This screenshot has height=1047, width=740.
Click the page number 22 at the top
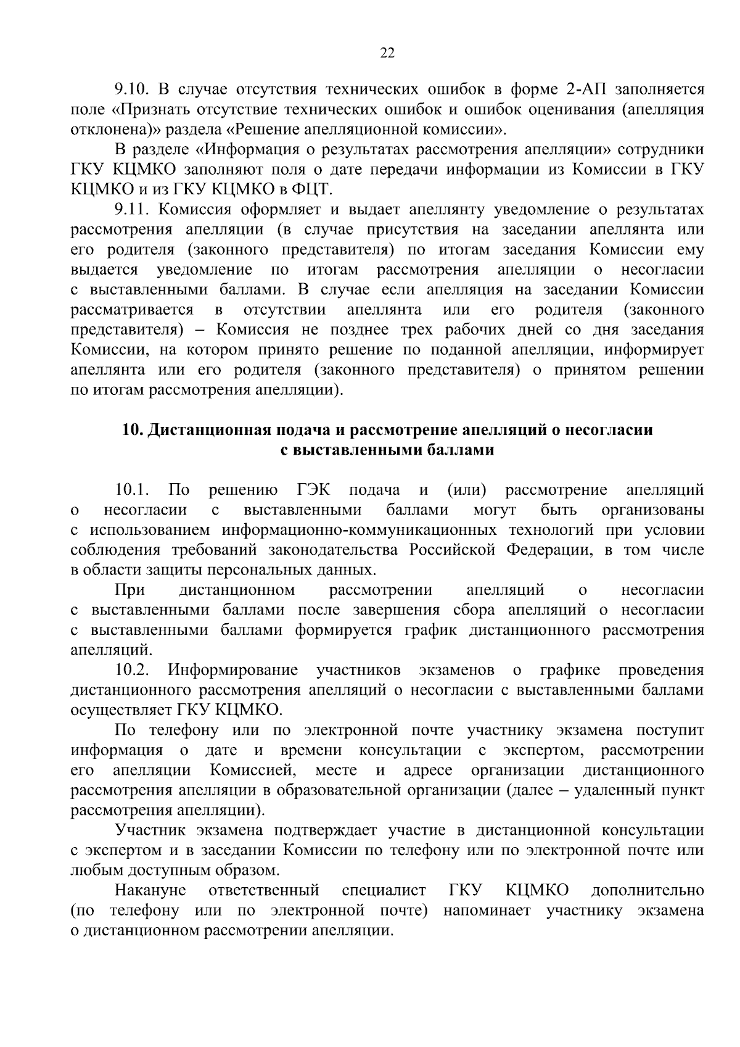[387, 54]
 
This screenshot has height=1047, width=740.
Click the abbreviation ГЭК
[313, 490]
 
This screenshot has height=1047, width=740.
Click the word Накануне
[150, 891]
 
